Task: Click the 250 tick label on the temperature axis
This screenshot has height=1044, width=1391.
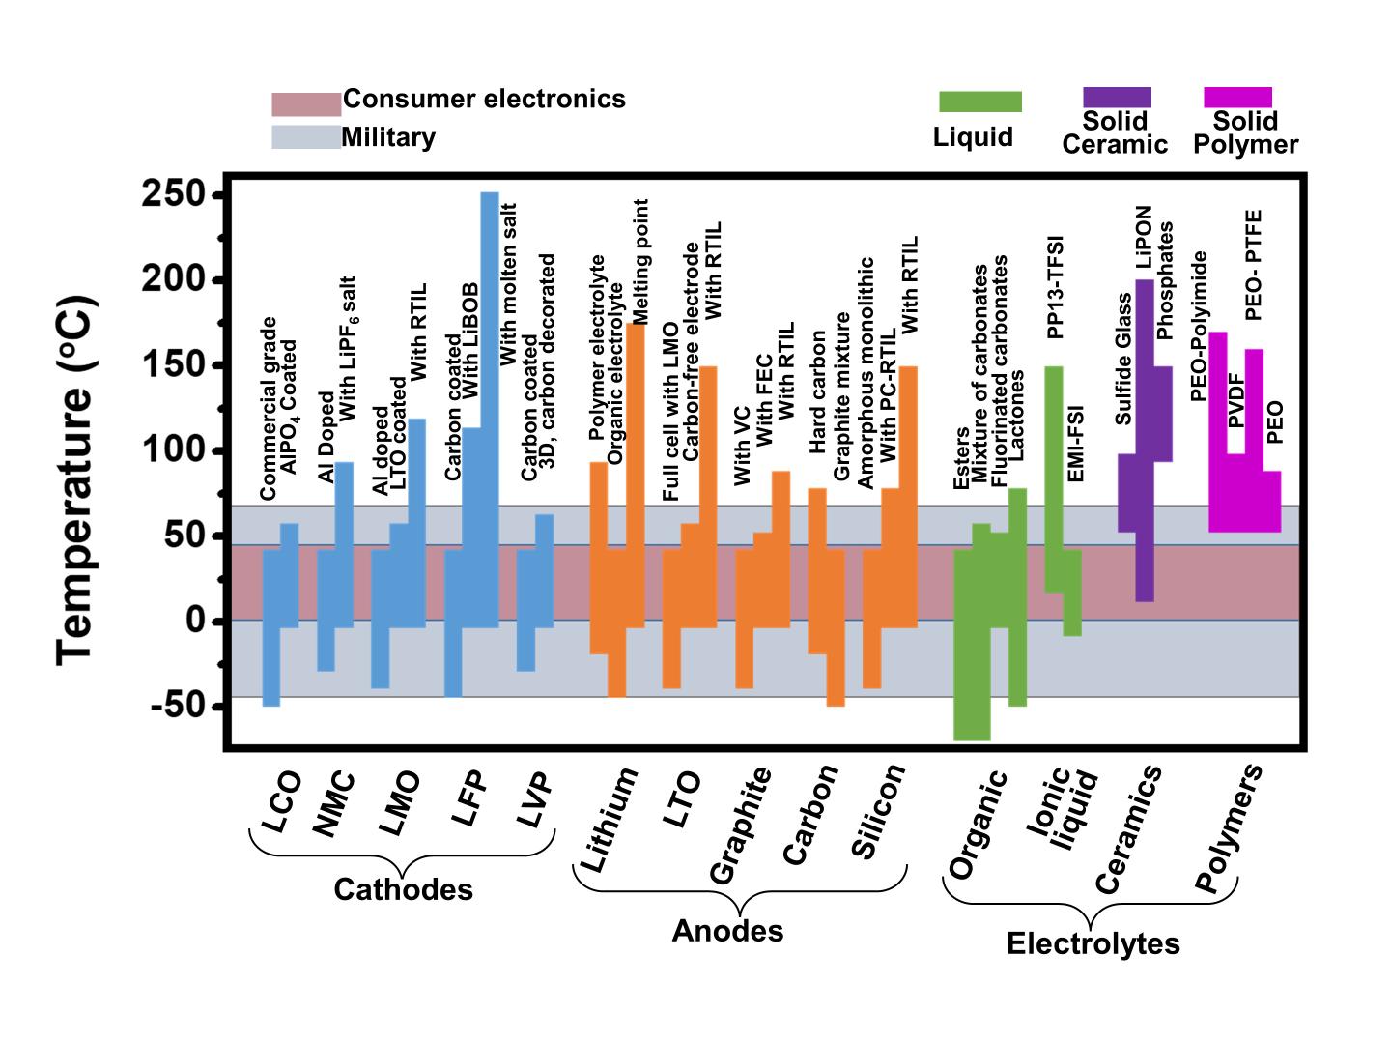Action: (174, 195)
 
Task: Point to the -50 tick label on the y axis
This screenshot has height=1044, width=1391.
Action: (180, 706)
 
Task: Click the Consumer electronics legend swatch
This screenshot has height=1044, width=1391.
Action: (306, 103)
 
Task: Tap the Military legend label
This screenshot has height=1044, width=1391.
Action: (388, 137)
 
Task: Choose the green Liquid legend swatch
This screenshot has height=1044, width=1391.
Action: (979, 101)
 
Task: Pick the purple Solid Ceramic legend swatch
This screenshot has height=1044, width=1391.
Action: (1117, 97)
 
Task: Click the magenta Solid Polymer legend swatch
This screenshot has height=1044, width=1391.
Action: (1237, 97)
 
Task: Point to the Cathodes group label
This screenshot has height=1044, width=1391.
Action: (403, 889)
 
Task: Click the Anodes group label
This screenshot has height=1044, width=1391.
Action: (727, 931)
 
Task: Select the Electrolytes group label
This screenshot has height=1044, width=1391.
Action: (1093, 943)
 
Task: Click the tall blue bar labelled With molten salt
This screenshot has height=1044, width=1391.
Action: (490, 406)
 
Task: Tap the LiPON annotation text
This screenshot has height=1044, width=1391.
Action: (1144, 237)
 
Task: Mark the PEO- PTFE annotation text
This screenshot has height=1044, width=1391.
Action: (1254, 265)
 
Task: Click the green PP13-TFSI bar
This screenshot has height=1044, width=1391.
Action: (1054, 478)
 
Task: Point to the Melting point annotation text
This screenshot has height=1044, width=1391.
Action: (639, 261)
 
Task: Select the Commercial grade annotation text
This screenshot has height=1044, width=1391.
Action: (269, 408)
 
